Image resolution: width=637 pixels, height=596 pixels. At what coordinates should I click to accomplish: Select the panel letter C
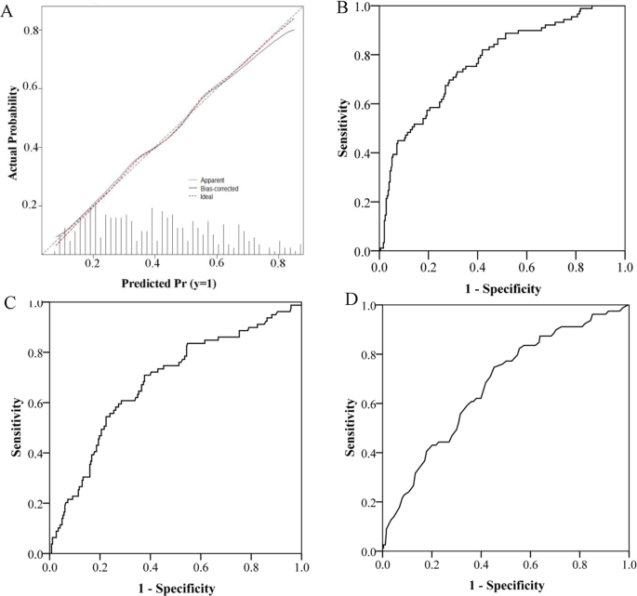coord(8,304)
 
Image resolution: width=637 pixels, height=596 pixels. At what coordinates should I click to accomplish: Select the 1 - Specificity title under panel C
coord(176,588)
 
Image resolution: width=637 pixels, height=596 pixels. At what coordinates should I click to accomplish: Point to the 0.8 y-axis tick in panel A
coord(33,31)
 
